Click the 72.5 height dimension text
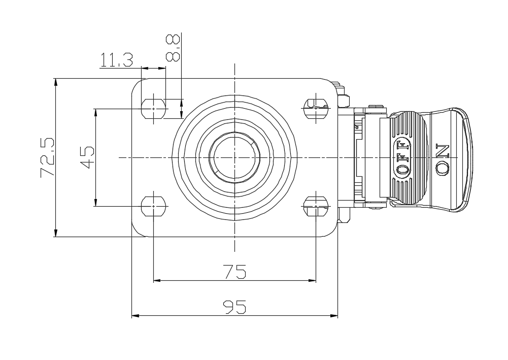click(x=48, y=158)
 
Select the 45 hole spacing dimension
click(x=87, y=157)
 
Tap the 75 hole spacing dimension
click(x=234, y=272)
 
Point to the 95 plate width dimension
click(x=234, y=307)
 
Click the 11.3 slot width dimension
click(x=116, y=60)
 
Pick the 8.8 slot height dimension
click(x=173, y=48)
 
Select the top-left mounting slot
click(x=154, y=109)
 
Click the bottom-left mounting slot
click(x=154, y=206)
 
